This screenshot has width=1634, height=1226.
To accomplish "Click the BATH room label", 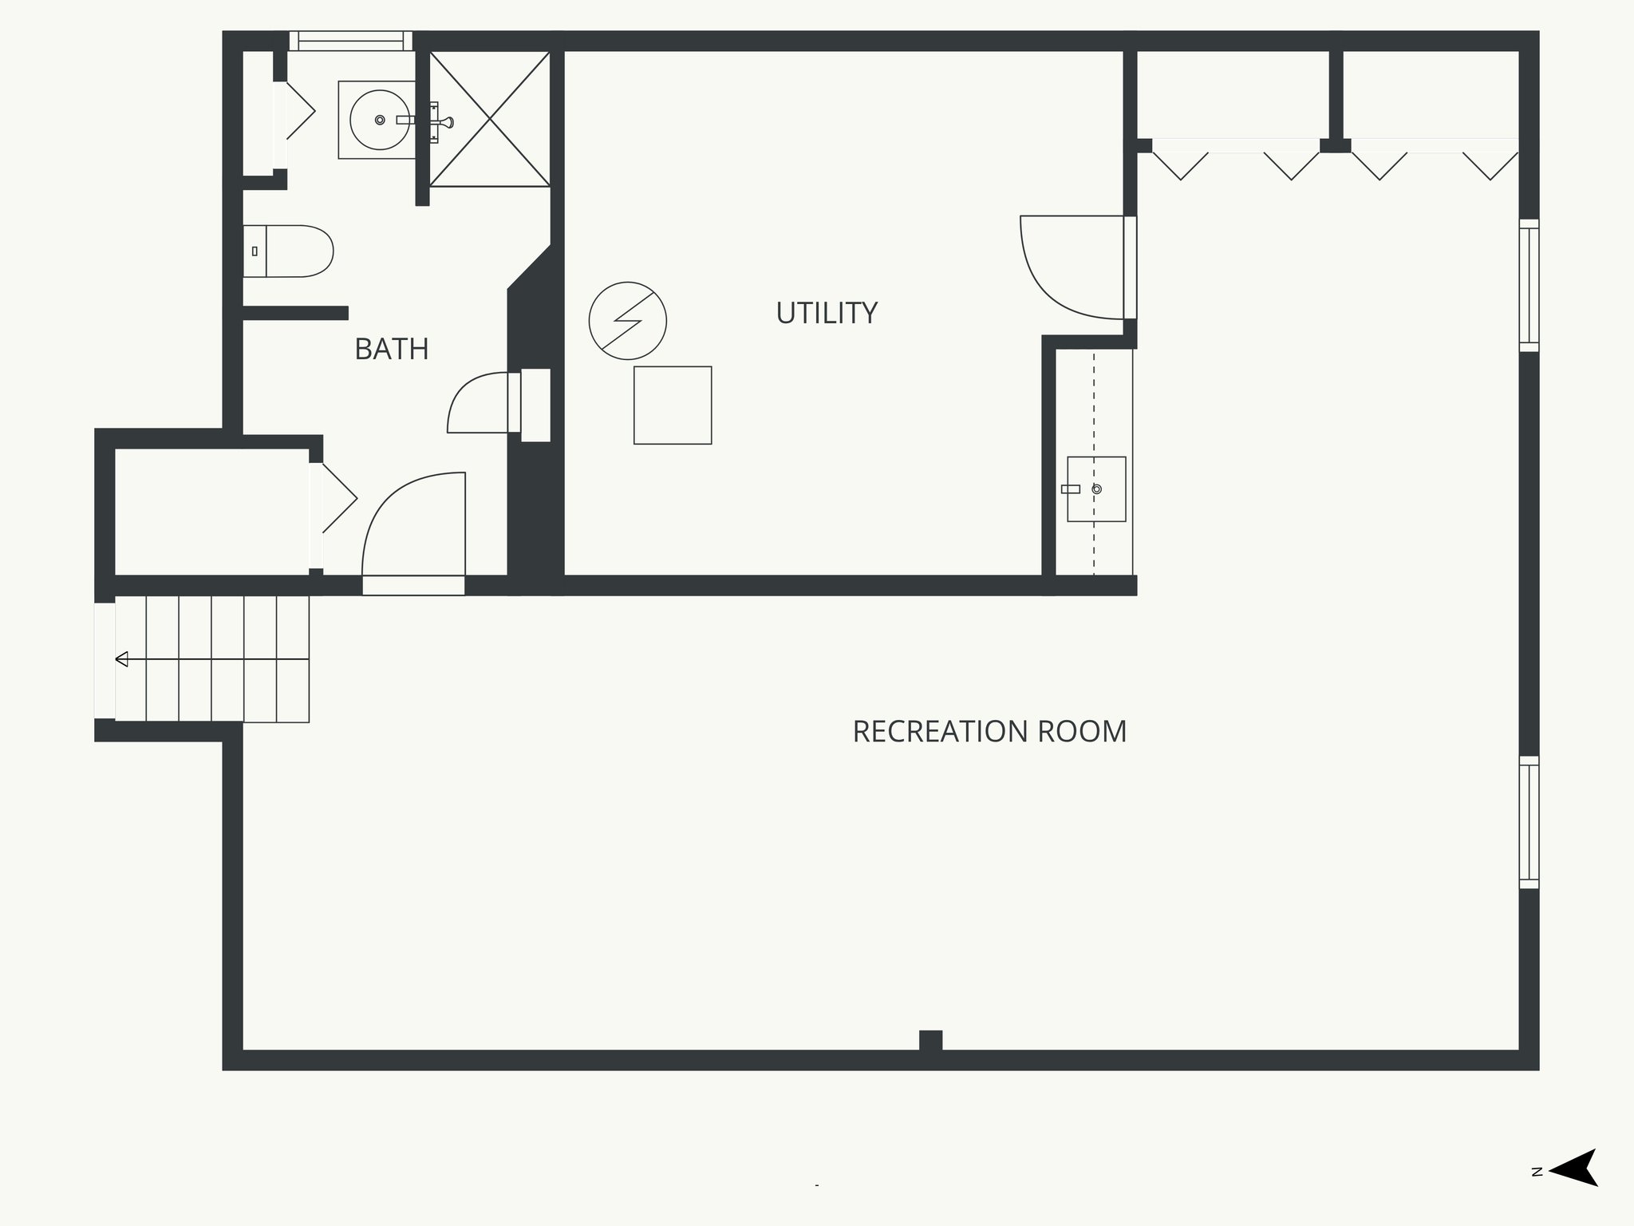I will pyautogui.click(x=392, y=349).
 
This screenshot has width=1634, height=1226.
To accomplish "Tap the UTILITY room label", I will pyautogui.click(x=827, y=313).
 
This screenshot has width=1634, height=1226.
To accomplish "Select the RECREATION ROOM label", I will pyautogui.click(x=989, y=731).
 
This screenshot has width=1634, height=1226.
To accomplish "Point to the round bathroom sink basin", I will pyautogui.click(x=380, y=120).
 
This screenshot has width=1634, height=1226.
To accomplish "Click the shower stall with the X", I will pyautogui.click(x=490, y=119).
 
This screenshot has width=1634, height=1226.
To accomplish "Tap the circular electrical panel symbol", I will pyautogui.click(x=628, y=321).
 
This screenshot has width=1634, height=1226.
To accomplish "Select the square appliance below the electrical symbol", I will pyautogui.click(x=673, y=405).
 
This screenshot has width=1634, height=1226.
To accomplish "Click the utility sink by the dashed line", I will pyautogui.click(x=1096, y=488).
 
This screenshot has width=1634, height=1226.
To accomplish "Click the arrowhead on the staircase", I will pyautogui.click(x=122, y=659).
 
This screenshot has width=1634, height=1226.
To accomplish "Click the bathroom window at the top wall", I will pyautogui.click(x=351, y=41).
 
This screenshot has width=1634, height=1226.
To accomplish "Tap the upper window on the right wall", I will pyautogui.click(x=1529, y=285).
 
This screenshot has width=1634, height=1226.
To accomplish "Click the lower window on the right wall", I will pyautogui.click(x=1529, y=822).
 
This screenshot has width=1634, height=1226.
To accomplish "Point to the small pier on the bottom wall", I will pyautogui.click(x=930, y=1041).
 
